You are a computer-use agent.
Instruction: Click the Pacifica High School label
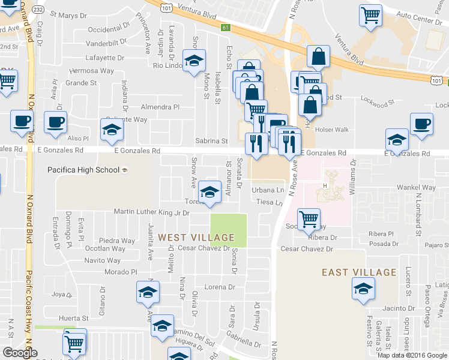coord(84,170)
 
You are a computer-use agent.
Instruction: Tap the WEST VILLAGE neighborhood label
coord(195,238)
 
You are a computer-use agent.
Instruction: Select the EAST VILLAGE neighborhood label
coord(359,272)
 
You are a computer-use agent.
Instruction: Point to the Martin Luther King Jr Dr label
coord(151,212)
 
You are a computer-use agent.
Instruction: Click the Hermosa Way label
coord(92,70)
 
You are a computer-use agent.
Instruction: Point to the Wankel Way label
coord(419,188)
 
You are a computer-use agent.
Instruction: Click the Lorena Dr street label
coord(218,287)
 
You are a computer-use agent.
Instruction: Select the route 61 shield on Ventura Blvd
coord(224,27)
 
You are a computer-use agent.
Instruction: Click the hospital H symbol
coord(325,185)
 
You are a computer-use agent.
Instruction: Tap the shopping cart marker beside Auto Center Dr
coord(371,16)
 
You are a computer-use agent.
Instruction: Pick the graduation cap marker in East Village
coord(363,289)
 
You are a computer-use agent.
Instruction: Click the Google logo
coord(20,353)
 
